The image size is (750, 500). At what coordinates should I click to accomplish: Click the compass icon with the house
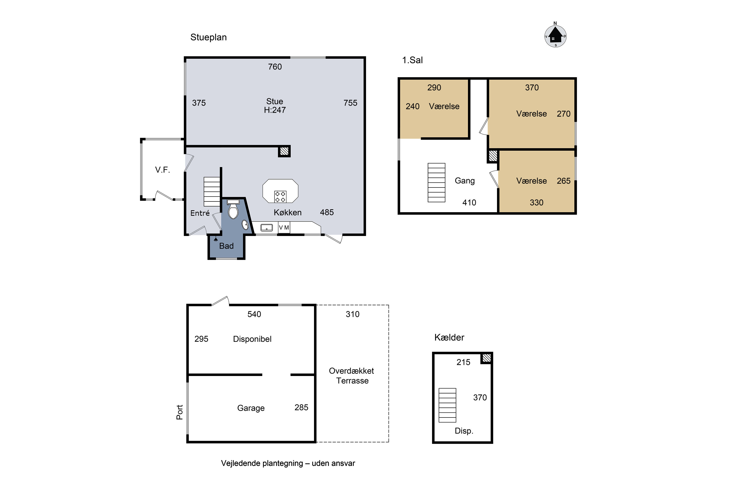click(555, 35)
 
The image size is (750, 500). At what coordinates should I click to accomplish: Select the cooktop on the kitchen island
click(280, 196)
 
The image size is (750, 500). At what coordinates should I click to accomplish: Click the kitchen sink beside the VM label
click(266, 227)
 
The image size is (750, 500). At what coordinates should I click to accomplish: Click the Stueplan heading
click(208, 37)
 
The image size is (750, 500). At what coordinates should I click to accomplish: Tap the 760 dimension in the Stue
click(275, 67)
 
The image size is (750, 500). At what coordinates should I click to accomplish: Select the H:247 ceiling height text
click(275, 110)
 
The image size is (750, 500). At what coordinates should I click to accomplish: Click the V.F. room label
click(163, 170)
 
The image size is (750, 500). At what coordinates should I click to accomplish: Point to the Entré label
click(200, 213)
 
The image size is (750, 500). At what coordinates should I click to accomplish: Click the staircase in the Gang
click(436, 182)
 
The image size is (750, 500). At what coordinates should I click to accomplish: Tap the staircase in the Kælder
click(447, 405)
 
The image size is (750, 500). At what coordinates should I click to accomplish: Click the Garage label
click(251, 408)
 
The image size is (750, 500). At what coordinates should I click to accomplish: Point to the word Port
click(180, 412)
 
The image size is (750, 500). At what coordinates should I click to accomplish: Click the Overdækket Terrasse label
click(352, 376)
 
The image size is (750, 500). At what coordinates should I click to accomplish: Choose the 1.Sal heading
click(412, 60)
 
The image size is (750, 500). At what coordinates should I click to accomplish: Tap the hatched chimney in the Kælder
click(486, 358)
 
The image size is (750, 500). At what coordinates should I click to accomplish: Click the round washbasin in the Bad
click(245, 225)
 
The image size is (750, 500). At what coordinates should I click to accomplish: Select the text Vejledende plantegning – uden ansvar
click(288, 463)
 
